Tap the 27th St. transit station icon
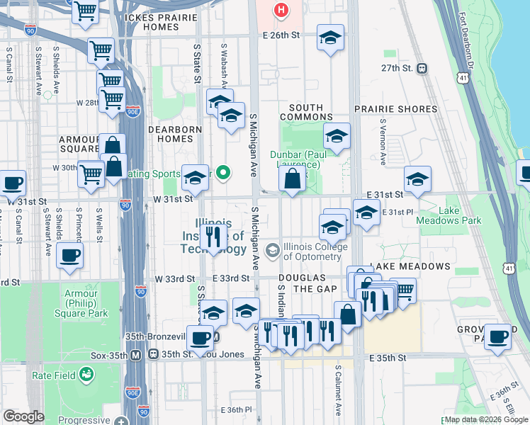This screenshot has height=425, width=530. [422, 68]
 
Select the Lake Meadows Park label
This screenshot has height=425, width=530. [461, 215]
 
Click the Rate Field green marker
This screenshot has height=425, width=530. [86, 374]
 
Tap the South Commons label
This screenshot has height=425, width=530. [306, 112]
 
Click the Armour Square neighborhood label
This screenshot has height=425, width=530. [79, 144]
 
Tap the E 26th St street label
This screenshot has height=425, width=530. [281, 34]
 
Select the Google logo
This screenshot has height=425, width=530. [24, 416]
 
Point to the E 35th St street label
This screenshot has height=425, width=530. [388, 358]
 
